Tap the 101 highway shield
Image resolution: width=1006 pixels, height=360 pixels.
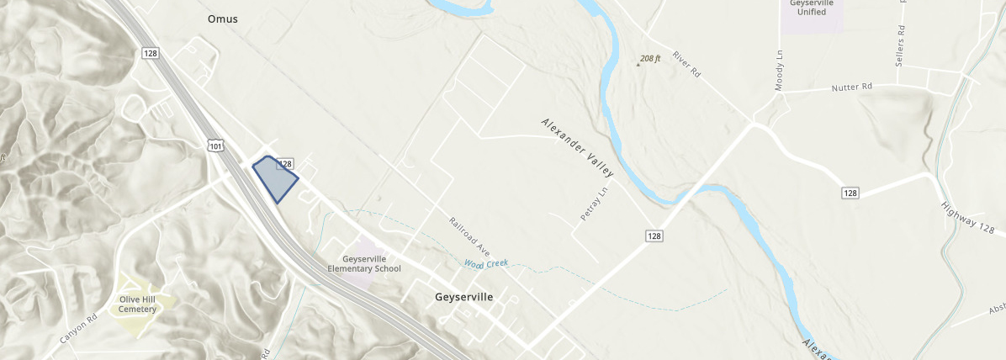[x=216, y=146]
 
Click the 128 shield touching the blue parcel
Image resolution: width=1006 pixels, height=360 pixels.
[x=284, y=163]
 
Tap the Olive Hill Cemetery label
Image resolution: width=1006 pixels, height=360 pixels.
[x=138, y=303]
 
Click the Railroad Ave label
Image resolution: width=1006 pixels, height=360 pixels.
[x=469, y=235]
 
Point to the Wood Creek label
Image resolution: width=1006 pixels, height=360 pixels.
[x=486, y=264]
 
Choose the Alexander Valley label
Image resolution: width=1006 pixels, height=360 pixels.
[x=577, y=147]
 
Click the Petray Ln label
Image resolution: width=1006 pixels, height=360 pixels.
[x=593, y=203]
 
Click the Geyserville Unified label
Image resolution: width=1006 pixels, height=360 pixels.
[x=812, y=8]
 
